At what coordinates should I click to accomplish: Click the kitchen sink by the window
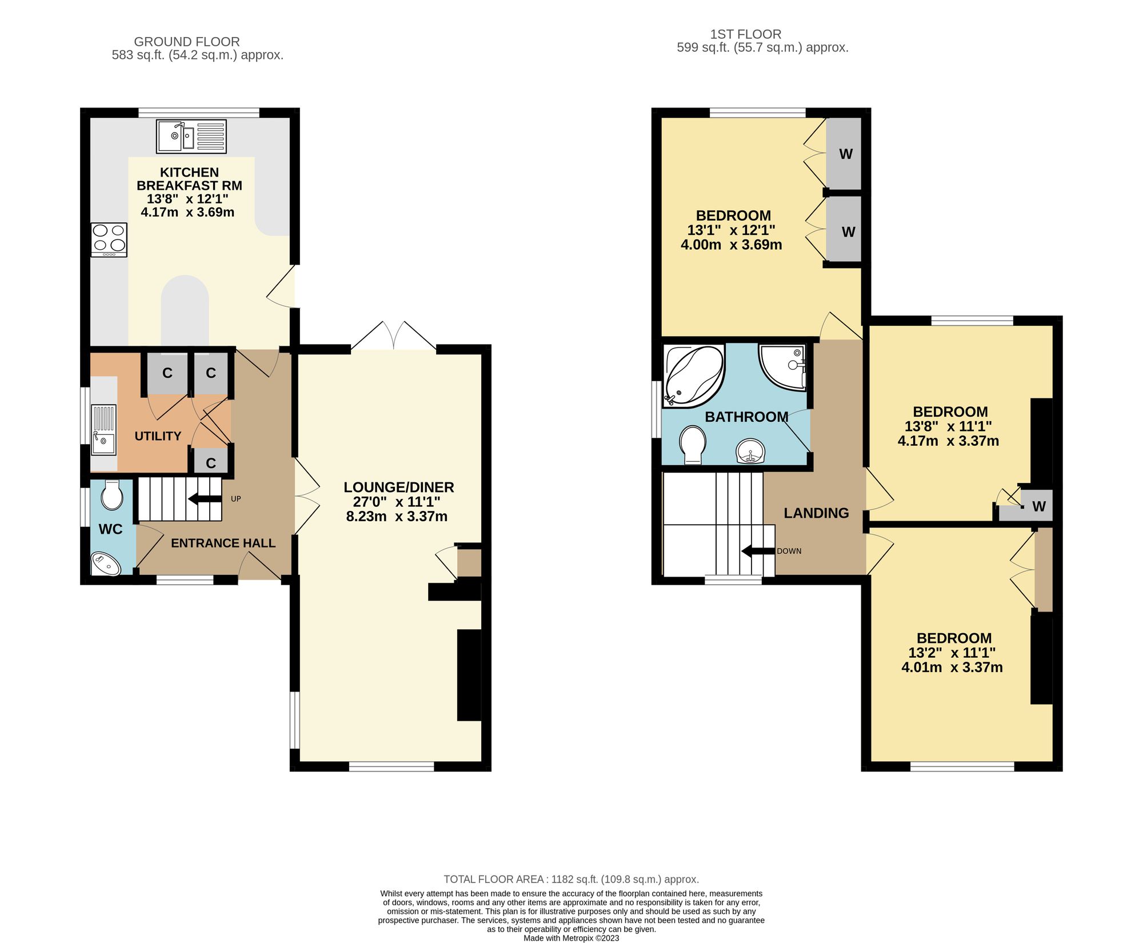tap(191, 136)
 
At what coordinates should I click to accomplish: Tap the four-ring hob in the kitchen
tap(109, 239)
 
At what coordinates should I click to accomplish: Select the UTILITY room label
tap(158, 436)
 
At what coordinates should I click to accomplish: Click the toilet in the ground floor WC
tap(112, 495)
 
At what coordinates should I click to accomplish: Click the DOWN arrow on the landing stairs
tap(758, 551)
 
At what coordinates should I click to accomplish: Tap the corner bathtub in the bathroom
tap(693, 375)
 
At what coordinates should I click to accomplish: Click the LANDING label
tap(816, 513)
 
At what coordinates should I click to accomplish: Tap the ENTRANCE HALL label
tap(223, 543)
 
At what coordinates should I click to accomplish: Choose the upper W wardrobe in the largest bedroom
tap(845, 154)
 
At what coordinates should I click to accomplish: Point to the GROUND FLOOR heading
tap(187, 42)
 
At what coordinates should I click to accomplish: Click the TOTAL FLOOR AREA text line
tap(571, 879)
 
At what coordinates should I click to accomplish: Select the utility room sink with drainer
tap(104, 429)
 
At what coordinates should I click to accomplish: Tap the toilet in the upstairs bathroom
tap(693, 444)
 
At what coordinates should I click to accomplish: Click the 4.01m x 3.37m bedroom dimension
tap(952, 667)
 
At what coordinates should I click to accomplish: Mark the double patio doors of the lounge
tap(393, 337)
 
